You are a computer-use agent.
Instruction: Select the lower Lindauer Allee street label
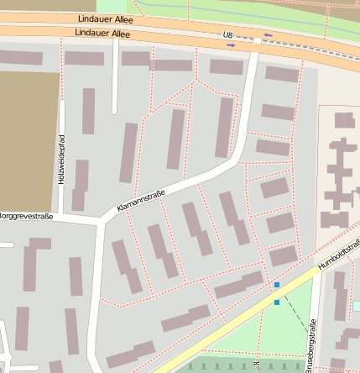point(102,34)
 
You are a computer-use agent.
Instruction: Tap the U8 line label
point(227,34)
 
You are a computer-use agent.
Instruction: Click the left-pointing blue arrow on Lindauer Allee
point(268,35)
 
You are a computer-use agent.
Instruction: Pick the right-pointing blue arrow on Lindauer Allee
point(231,45)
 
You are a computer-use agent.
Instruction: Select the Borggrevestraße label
point(25,216)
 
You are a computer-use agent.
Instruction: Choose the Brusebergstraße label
point(310,344)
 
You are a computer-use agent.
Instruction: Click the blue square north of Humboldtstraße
point(276,286)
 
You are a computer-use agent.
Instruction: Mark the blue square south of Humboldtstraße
point(276,302)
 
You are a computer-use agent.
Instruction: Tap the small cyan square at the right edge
point(357,306)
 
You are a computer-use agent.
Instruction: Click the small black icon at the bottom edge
point(256,365)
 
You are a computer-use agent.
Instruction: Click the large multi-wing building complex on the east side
point(340,168)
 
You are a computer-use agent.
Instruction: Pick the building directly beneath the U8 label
point(226,66)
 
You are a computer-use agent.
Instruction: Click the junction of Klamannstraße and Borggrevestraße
point(102,222)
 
